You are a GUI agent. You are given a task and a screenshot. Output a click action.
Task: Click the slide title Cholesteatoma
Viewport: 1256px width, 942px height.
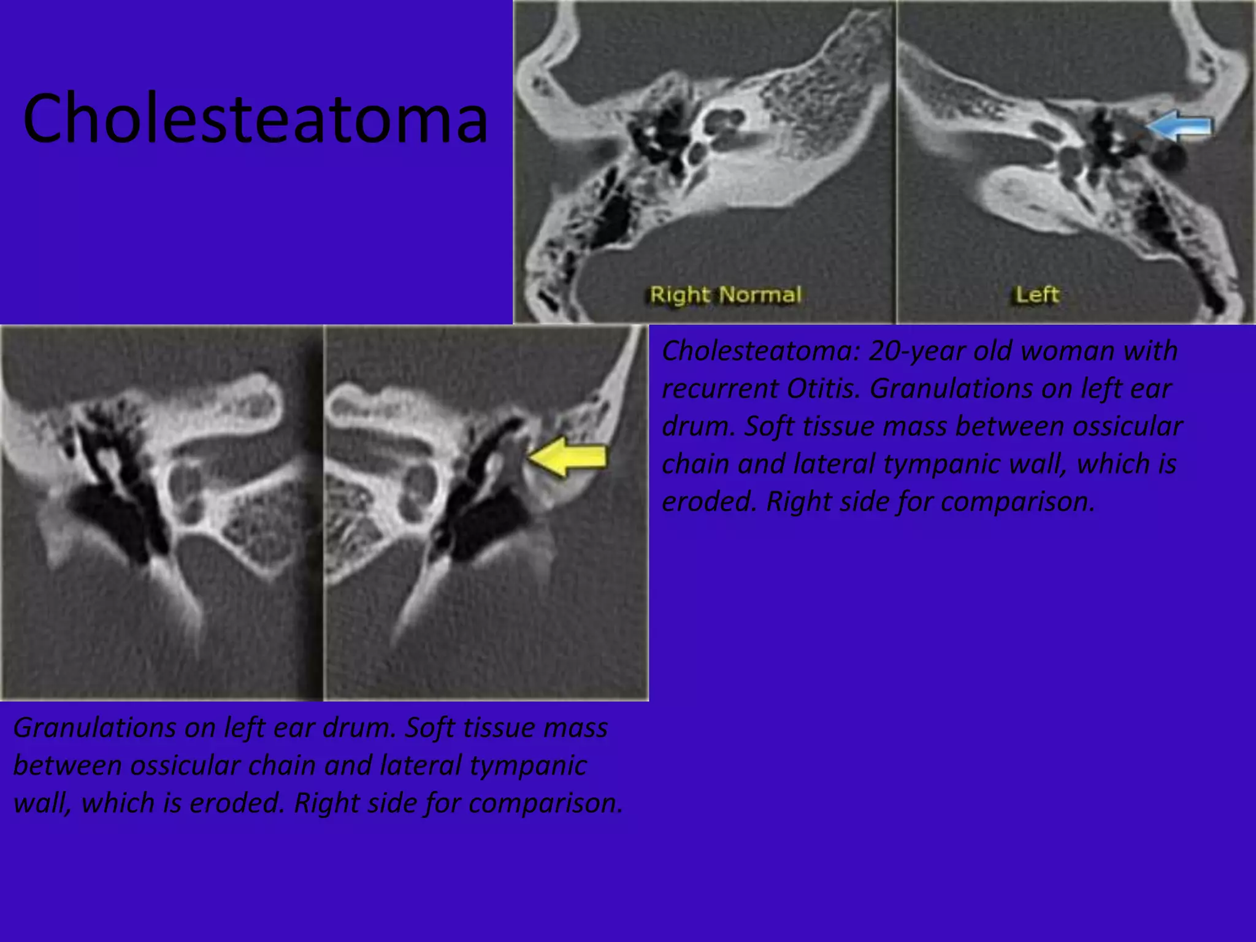click(255, 118)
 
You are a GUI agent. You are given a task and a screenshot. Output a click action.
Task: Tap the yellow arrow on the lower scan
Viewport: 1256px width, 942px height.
click(568, 457)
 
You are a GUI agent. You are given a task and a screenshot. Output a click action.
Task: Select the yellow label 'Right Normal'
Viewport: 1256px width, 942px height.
click(726, 295)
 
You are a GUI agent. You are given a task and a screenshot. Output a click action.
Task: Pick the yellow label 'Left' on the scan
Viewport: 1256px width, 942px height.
click(1037, 295)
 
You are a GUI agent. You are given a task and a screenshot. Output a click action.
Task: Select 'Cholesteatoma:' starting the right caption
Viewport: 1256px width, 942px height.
click(759, 351)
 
